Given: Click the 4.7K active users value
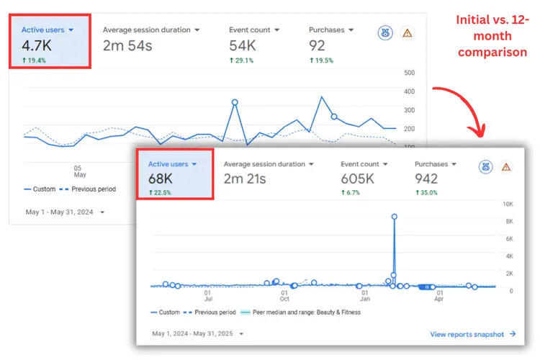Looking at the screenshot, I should pos(37,45).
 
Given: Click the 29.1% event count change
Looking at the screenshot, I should pos(243,60).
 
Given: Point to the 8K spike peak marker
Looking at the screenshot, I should pos(394,216).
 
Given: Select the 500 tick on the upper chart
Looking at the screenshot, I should pos(409,73).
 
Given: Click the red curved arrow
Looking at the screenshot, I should pos(461,108).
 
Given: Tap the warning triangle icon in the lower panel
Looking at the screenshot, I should pos(506,167).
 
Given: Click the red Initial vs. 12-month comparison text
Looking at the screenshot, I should pos(491,36).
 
